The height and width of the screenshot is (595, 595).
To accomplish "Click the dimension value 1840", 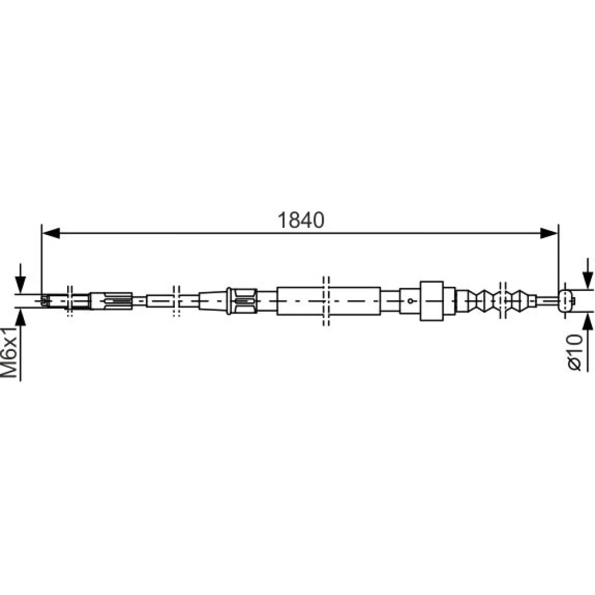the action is tap(301, 220).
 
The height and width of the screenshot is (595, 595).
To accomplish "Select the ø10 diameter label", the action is tap(575, 352).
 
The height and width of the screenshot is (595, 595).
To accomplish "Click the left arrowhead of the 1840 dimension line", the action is tap(51, 233).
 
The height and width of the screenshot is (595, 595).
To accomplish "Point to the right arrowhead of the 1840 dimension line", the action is tap(549, 233).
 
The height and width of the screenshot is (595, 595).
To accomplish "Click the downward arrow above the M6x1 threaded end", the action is tap(20, 278).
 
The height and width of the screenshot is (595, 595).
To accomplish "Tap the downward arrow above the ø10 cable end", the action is tap(587, 274).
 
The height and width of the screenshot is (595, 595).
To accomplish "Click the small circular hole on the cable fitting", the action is tap(410, 301).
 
